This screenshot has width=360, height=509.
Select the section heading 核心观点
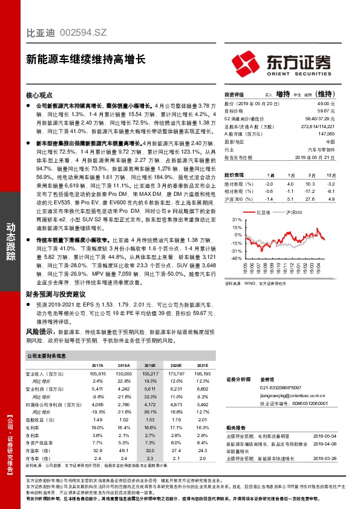41,95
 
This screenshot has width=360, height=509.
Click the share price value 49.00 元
326,104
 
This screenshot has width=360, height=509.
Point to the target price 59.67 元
326,111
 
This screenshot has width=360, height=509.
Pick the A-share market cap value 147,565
326,133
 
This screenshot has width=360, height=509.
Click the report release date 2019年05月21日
318,156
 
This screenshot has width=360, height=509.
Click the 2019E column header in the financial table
150,366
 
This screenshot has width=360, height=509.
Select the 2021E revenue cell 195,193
201,375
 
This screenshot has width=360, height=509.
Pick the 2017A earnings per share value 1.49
97,420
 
